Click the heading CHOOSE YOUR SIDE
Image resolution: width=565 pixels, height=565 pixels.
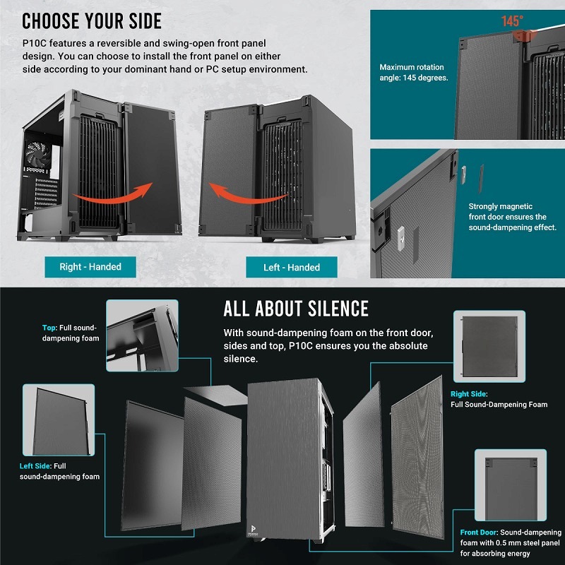[92, 20]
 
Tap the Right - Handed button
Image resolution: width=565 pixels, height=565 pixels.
[90, 267]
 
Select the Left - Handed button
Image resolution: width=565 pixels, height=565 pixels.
[292, 268]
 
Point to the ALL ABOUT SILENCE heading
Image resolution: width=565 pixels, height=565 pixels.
[296, 309]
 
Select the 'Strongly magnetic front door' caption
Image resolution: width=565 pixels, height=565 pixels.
[512, 217]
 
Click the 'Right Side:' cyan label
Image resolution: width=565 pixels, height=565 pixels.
[469, 394]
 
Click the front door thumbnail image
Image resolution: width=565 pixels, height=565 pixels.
[510, 486]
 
